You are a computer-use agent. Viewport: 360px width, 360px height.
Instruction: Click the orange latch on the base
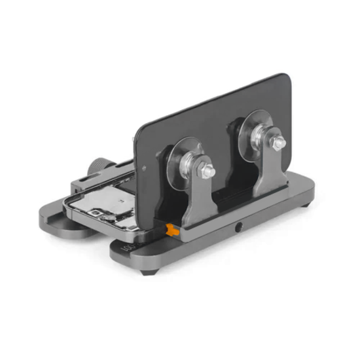[x=172, y=230]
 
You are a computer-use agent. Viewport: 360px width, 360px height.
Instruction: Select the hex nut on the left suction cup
[x=207, y=170]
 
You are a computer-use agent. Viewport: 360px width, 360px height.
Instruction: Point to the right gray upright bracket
[x=270, y=170]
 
